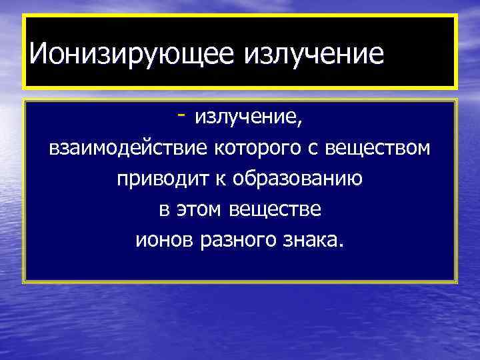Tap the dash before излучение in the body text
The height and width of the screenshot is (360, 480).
click(x=181, y=115)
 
